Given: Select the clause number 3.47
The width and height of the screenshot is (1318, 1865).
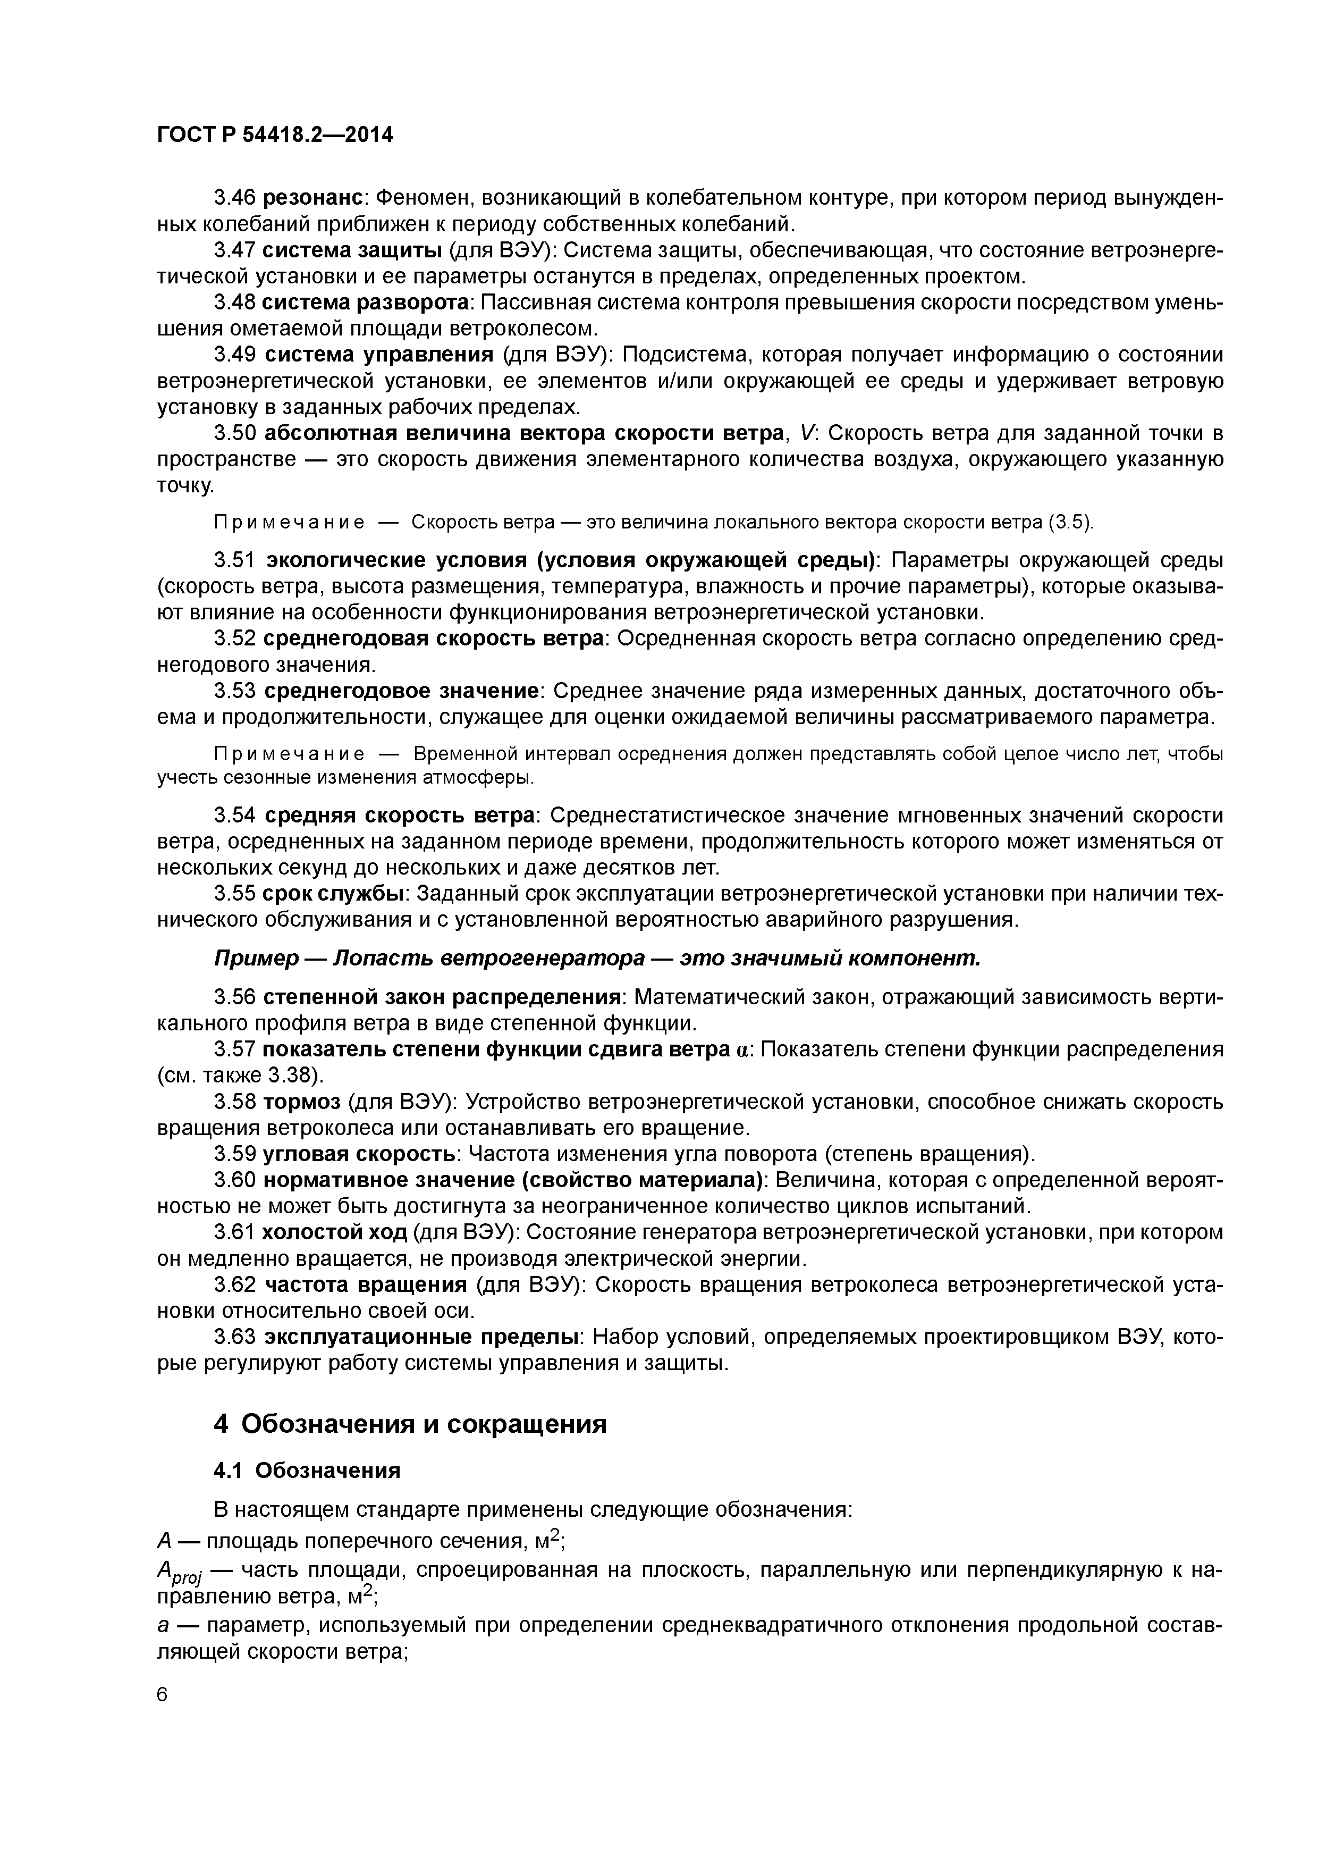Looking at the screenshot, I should pyautogui.click(x=235, y=250).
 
